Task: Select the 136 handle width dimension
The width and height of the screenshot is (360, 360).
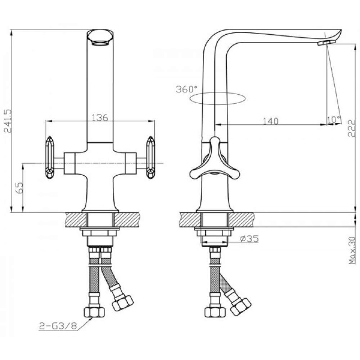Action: [x=100, y=117]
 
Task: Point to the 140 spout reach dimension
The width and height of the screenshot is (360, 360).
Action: [x=271, y=121]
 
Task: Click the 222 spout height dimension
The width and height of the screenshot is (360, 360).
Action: [x=351, y=128]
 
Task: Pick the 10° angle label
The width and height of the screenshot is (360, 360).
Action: [x=334, y=120]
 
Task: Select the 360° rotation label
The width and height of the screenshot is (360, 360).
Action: [x=186, y=89]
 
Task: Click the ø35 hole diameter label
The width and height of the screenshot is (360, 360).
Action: [x=249, y=239]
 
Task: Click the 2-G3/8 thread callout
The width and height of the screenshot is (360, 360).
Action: [x=58, y=326]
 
